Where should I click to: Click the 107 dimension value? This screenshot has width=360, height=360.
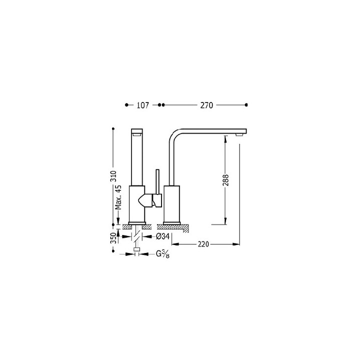click(x=143, y=105)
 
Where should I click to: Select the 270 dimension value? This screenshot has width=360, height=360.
click(x=206, y=105)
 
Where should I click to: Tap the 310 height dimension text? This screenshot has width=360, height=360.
click(x=113, y=176)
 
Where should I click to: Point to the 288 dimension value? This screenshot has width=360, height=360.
click(x=226, y=180)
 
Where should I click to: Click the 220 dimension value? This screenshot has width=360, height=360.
click(x=203, y=244)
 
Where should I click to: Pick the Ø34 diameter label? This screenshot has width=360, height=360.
click(x=163, y=236)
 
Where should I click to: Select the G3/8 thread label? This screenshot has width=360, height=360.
click(x=163, y=254)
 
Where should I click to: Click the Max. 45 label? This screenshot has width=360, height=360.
click(x=118, y=197)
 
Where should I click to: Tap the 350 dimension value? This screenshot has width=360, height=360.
click(x=113, y=238)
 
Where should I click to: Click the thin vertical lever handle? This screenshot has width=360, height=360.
click(x=157, y=182)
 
